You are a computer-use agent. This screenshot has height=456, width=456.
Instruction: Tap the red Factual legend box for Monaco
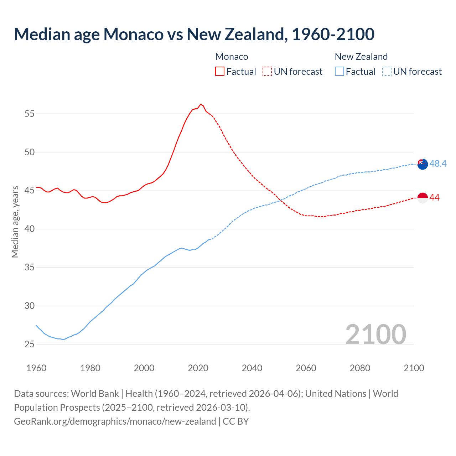point(220,71)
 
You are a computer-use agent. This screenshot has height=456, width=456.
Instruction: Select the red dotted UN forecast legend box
point(267,71)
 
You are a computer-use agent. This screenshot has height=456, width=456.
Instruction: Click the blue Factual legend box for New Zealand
point(340,71)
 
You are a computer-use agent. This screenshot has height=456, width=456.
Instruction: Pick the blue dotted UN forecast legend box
point(387,71)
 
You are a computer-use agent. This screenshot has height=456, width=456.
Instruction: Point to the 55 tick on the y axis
point(30,114)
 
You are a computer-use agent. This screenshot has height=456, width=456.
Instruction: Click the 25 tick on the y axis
point(30,344)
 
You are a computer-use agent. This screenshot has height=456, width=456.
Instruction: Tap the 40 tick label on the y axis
point(30,229)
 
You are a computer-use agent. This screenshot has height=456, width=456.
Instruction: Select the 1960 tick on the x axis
point(36,368)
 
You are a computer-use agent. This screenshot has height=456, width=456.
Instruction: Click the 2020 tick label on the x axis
point(198,368)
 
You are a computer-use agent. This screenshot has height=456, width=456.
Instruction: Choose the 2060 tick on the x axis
point(306,368)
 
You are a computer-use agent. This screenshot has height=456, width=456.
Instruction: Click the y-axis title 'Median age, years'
point(15,222)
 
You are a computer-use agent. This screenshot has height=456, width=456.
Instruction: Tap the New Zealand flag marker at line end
point(423,164)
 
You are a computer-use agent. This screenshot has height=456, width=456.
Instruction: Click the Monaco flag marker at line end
point(423,198)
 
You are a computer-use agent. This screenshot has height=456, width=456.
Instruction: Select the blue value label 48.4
point(438,164)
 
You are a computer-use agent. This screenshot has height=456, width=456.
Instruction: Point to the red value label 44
point(434,198)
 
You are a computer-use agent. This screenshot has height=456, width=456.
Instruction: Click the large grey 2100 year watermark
point(376,334)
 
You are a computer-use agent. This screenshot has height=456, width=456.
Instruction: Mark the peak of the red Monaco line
point(201,104)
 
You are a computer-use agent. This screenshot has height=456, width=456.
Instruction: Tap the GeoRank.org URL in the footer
point(115,421)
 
